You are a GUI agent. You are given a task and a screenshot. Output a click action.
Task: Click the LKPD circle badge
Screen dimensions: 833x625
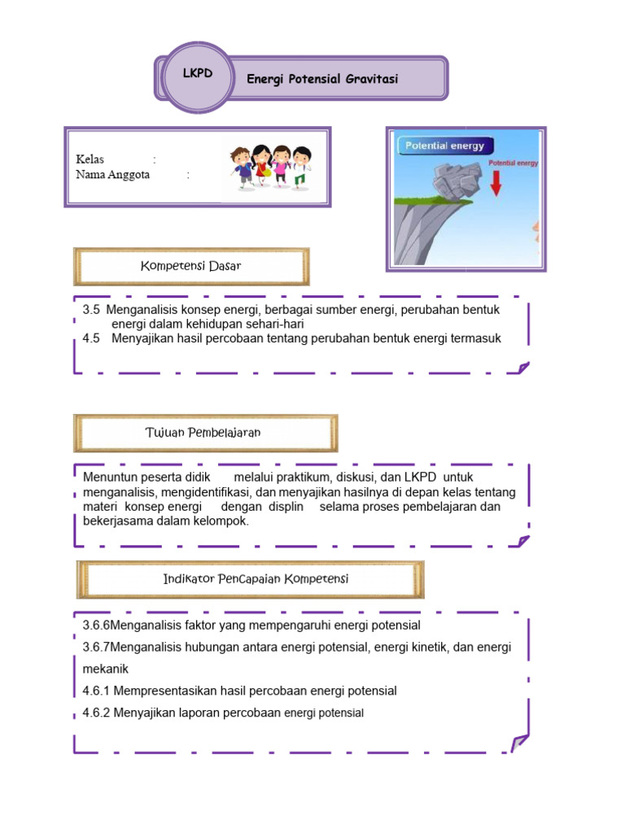point(198,76)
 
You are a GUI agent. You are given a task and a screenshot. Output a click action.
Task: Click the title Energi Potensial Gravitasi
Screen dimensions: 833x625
point(322,79)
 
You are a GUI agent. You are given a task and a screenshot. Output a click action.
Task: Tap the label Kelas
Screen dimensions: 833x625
point(90,159)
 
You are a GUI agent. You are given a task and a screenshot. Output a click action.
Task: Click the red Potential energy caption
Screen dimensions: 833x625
point(513,163)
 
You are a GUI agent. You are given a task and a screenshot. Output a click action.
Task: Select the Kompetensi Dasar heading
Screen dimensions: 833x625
point(191,266)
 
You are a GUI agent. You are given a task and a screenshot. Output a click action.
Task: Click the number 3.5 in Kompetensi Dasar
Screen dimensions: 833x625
point(91,310)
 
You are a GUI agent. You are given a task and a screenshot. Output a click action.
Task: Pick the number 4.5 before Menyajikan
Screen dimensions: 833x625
point(91,338)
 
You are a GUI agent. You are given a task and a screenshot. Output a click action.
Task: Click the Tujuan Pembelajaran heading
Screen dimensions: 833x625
point(203,433)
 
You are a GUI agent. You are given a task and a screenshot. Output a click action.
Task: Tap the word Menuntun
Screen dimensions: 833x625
point(109,477)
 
